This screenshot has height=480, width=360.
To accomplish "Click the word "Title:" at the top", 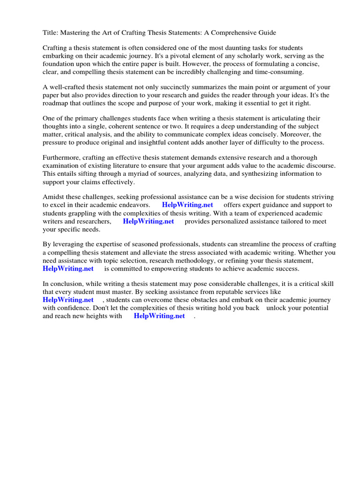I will (x=50, y=32).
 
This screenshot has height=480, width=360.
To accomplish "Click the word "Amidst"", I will (x=54, y=197).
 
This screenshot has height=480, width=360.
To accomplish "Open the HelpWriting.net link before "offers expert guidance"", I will (x=187, y=205).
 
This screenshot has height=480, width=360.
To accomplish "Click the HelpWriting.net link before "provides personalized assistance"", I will (x=148, y=221).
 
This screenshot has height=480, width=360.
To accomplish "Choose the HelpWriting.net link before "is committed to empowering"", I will (x=68, y=269).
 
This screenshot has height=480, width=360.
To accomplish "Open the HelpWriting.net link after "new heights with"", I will (x=159, y=316).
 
